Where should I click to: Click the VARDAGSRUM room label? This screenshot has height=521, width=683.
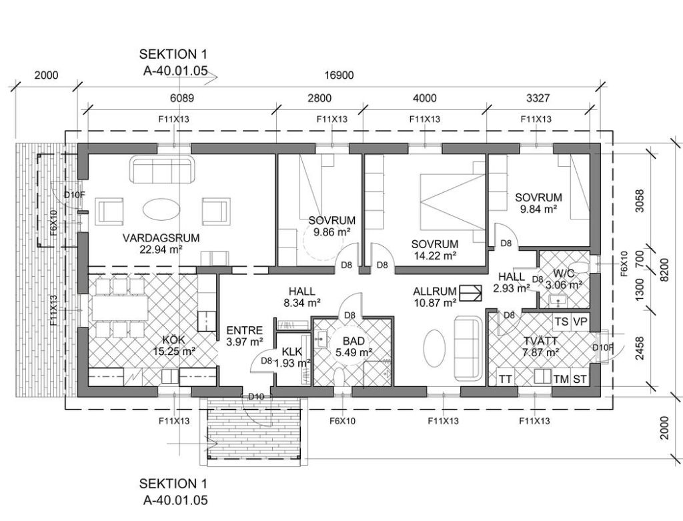pyautogui.click(x=161, y=238)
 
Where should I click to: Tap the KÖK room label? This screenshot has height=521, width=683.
pyautogui.click(x=173, y=340)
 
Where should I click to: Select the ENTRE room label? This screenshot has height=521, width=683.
pyautogui.click(x=244, y=330)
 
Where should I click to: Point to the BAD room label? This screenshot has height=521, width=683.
pyautogui.click(x=354, y=341)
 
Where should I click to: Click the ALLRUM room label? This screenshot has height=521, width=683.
pyautogui.click(x=435, y=291)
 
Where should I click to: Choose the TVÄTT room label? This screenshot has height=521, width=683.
pyautogui.click(x=540, y=342)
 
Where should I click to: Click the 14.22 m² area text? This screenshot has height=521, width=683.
pyautogui.click(x=434, y=255)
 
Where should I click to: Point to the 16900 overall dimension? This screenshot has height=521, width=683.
pyautogui.click(x=339, y=75)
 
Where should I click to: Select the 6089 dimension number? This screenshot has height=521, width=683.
pyautogui.click(x=182, y=98)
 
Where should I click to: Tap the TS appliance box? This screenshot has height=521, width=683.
pyautogui.click(x=561, y=322)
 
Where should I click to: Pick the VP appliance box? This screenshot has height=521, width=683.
pyautogui.click(x=580, y=322)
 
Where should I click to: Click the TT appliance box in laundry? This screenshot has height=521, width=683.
pyautogui.click(x=506, y=378)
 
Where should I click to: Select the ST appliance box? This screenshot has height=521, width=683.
pyautogui.click(x=580, y=378)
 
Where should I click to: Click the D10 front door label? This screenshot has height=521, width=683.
pyautogui.click(x=256, y=396)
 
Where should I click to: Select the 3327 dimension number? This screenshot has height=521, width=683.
pyautogui.click(x=538, y=98)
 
